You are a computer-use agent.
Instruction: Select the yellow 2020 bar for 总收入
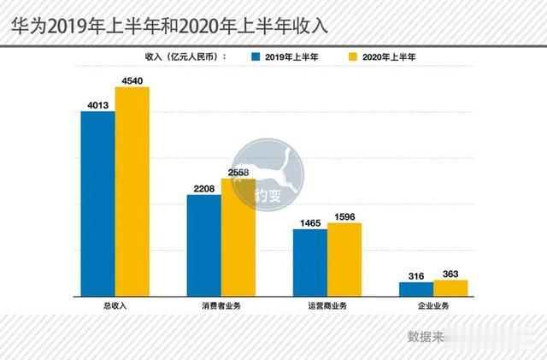coord(132,192)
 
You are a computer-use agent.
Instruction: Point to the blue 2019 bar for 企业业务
coord(416,289)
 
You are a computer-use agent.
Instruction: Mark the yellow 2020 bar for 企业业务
coord(450,288)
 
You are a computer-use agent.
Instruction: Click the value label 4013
coord(98,105)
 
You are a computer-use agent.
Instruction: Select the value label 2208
coord(204,188)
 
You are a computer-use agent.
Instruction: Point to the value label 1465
coord(310,222)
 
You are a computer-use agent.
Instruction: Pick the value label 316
coord(416,274)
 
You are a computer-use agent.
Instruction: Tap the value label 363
coord(450,273)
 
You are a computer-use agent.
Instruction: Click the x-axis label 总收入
coord(115,307)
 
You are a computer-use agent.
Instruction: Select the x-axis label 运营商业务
coord(327,307)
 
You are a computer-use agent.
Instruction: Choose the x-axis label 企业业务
coord(433,307)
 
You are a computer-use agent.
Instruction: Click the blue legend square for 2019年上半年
coord(255,56)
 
